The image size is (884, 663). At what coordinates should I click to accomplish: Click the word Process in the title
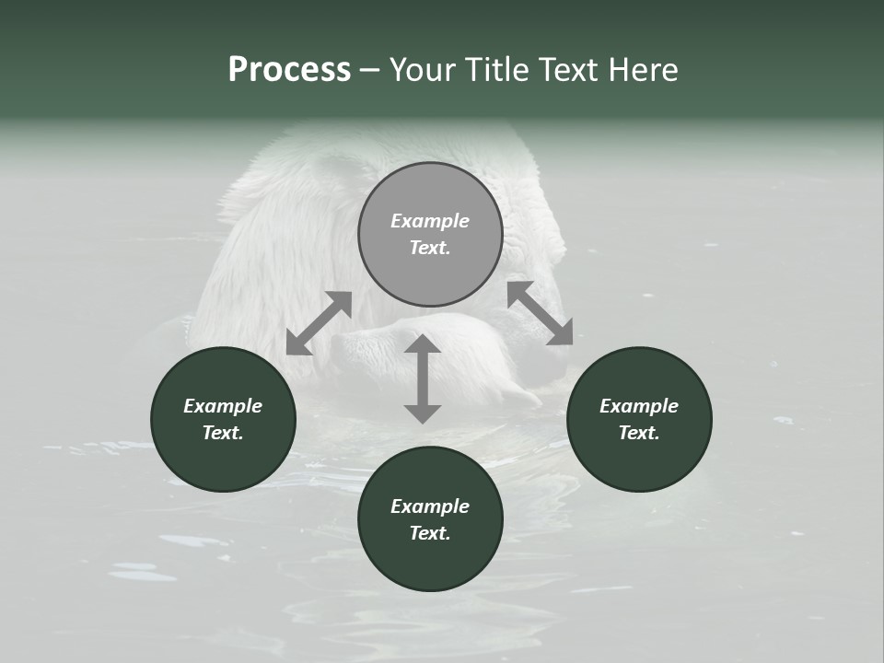[x=289, y=70]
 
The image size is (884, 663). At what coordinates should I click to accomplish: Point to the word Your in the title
[x=423, y=70]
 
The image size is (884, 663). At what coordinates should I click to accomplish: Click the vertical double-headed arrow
[x=423, y=378]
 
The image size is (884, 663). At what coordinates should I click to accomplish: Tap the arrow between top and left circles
[x=319, y=323]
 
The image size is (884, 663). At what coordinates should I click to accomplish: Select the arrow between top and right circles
[x=540, y=313]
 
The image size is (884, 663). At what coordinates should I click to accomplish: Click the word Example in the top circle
[x=430, y=221]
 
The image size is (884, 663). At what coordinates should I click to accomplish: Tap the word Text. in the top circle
[x=430, y=248]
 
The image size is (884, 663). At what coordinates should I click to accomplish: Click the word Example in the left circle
[x=223, y=406]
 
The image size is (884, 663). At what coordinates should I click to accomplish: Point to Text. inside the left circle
[x=223, y=433]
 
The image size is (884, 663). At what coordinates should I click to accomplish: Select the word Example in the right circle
[x=639, y=406]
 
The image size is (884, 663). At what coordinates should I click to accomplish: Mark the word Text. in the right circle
[x=639, y=433]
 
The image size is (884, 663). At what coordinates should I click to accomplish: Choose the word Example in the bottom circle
[x=430, y=506]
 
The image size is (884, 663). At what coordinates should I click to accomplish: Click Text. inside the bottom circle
[x=430, y=533]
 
